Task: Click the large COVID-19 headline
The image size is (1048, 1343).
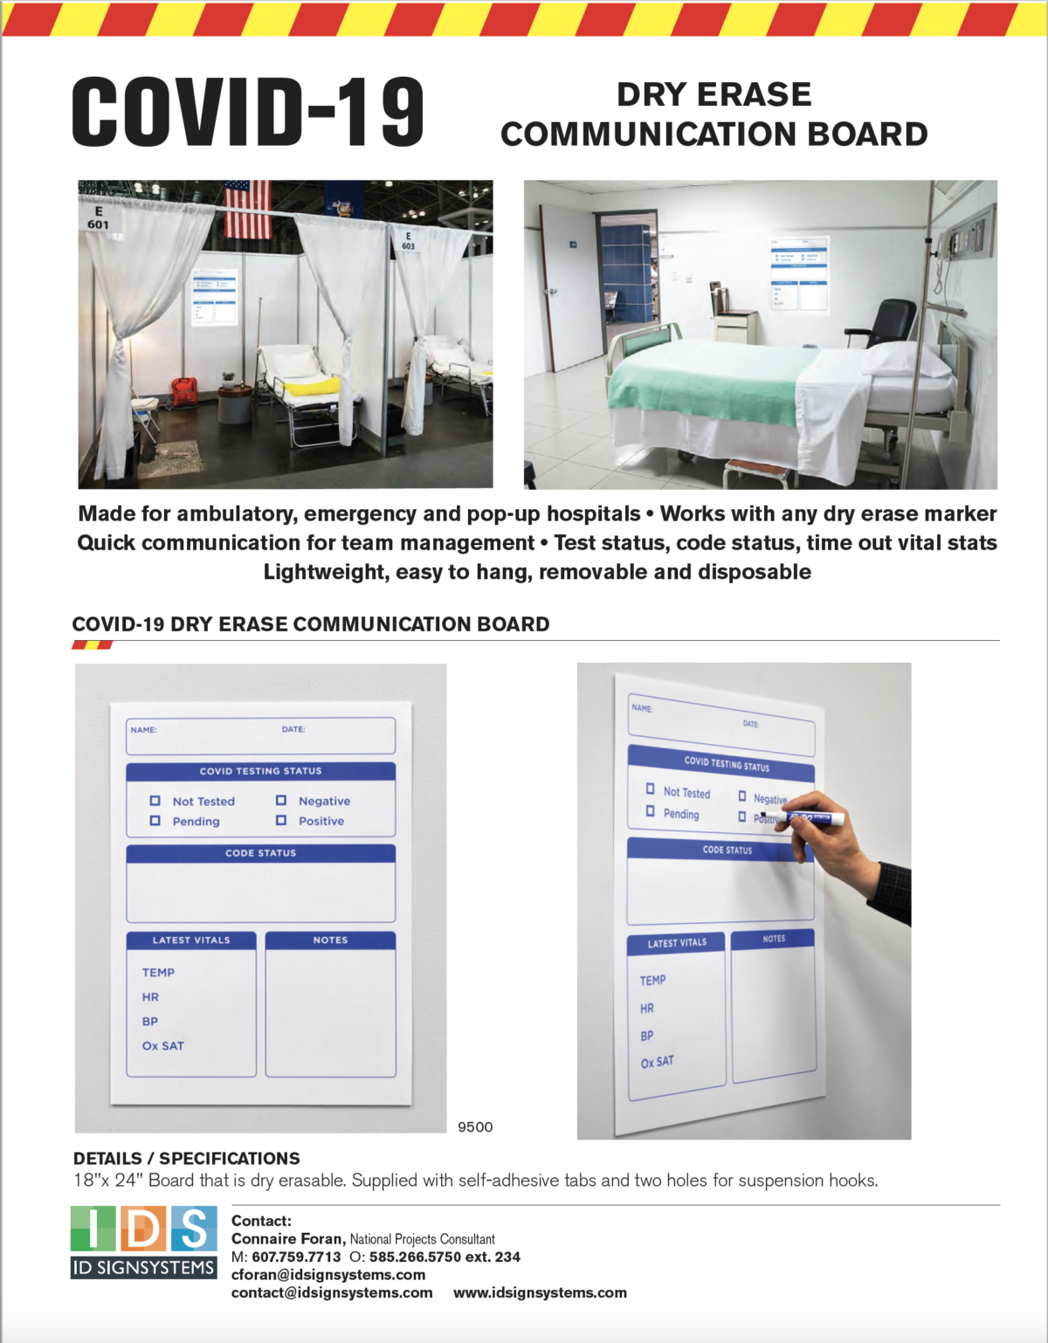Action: pos(248,112)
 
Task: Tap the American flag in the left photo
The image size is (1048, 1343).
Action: pos(249,210)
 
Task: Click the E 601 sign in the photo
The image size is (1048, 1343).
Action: pos(98,218)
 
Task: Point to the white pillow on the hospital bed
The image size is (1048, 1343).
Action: pos(908,359)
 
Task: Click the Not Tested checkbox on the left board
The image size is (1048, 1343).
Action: pos(155,801)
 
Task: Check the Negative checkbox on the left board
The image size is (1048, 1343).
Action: pos(281,800)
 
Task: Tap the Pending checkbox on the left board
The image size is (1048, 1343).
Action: pos(155,821)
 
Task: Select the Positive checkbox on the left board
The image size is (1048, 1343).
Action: pos(281,820)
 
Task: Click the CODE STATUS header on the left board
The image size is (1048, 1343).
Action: pos(260,853)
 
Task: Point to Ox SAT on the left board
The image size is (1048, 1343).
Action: pos(163,1045)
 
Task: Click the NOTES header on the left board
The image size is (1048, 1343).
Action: pos(330,940)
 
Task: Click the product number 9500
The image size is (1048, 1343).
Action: pos(475,1126)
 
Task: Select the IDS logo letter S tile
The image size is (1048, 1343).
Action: pos(194,1229)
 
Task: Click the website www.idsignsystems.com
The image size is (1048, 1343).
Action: pos(540,1292)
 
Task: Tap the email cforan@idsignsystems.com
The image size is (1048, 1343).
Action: pos(328,1275)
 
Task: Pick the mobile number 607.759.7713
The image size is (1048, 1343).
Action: pos(296,1257)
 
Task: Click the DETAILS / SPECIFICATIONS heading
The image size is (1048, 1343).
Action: pos(187,1158)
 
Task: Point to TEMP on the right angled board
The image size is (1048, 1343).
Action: pos(652,981)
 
